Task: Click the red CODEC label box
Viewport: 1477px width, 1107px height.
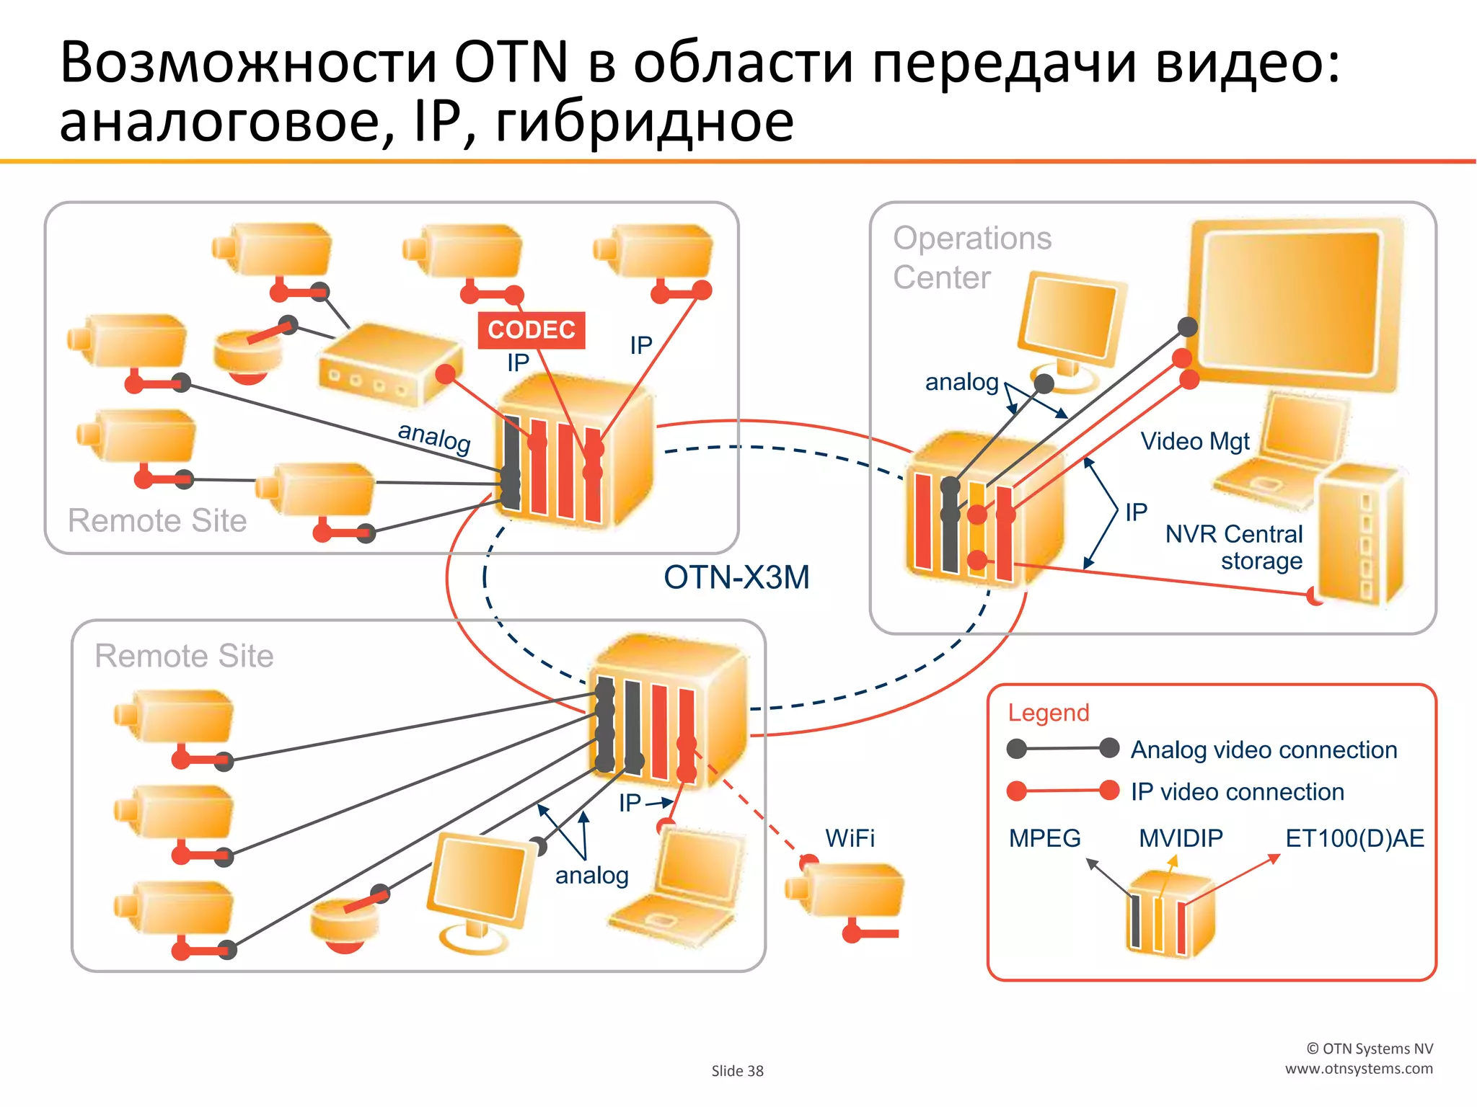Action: tap(531, 330)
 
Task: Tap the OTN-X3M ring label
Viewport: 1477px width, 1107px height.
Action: tap(736, 577)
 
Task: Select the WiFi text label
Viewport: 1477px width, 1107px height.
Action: tap(850, 838)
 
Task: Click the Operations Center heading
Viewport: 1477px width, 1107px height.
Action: tap(971, 257)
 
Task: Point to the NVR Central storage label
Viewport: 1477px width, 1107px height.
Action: tap(1234, 547)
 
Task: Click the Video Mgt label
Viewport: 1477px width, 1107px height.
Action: tap(1194, 441)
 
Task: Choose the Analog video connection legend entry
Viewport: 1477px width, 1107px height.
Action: tap(1263, 750)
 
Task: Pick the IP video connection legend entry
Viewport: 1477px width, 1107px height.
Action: tap(1237, 791)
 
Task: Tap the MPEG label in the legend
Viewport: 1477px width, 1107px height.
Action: tap(1044, 838)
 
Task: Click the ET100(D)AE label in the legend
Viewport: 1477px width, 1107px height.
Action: tap(1354, 838)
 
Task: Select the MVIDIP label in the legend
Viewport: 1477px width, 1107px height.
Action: tap(1181, 838)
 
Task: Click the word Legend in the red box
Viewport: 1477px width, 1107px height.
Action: tap(1048, 712)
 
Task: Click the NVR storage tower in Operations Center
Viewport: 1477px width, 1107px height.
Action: tap(1359, 533)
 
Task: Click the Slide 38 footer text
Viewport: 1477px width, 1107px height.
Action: tap(737, 1071)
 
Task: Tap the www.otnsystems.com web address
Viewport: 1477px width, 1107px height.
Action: tap(1359, 1069)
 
